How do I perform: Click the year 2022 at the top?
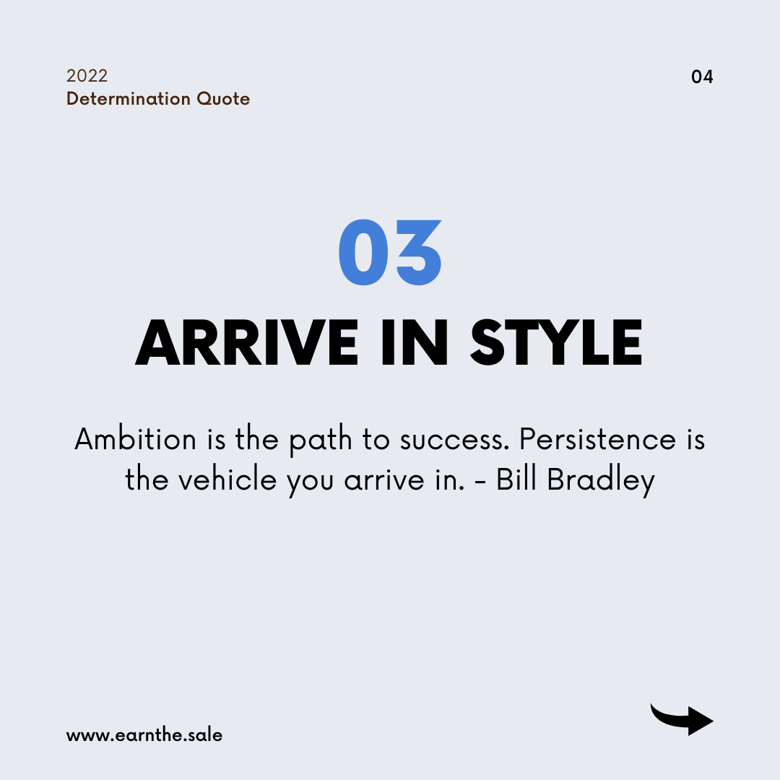(87, 76)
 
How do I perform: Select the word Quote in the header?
(223, 99)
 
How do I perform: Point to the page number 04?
(702, 77)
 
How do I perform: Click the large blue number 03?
(390, 252)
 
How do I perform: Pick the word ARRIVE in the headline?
(247, 342)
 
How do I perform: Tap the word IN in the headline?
(415, 342)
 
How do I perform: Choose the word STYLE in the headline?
(556, 342)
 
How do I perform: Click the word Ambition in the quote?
(135, 439)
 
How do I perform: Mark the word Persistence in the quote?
(598, 439)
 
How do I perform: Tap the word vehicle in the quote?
(227, 480)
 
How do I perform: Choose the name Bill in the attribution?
(516, 480)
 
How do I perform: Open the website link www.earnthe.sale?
(144, 735)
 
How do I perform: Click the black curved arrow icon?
(682, 719)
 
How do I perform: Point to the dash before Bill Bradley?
(480, 482)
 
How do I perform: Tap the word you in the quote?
(309, 483)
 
